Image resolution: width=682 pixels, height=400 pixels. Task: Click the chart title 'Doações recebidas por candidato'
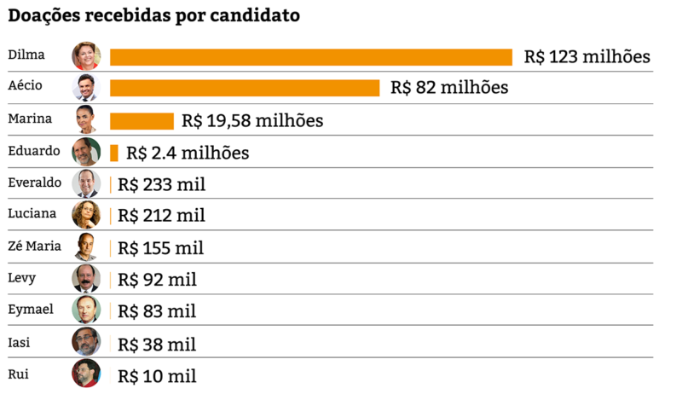(x=154, y=15)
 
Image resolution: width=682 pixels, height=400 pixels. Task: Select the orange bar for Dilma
(x=311, y=57)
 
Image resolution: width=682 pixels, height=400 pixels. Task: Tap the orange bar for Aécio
(x=245, y=88)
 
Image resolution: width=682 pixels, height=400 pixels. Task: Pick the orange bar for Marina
(x=142, y=121)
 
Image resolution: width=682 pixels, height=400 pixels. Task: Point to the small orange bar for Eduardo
(x=114, y=153)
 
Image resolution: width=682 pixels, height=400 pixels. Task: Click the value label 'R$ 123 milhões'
(x=587, y=56)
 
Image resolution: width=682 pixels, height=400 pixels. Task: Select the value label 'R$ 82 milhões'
(x=449, y=88)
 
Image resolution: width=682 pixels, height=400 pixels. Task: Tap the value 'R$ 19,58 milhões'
(x=252, y=120)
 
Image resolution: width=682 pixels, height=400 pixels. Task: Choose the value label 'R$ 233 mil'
(x=161, y=184)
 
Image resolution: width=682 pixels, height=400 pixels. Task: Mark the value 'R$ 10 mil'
(x=157, y=376)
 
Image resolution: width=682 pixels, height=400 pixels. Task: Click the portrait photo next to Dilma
(x=86, y=55)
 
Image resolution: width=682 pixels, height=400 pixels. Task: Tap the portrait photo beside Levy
(x=86, y=278)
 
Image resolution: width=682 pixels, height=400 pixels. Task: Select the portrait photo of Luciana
(x=86, y=214)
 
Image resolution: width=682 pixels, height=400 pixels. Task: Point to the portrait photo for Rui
(x=86, y=374)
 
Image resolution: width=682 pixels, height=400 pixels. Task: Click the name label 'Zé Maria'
(x=34, y=246)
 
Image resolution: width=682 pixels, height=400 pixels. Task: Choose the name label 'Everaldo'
(x=34, y=183)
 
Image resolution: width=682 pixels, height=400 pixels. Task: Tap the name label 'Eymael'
(x=31, y=310)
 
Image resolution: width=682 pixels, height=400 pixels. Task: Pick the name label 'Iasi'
(x=19, y=343)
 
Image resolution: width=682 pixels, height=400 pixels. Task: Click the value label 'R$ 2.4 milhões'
(x=188, y=153)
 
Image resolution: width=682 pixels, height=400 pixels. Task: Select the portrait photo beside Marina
(x=86, y=119)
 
